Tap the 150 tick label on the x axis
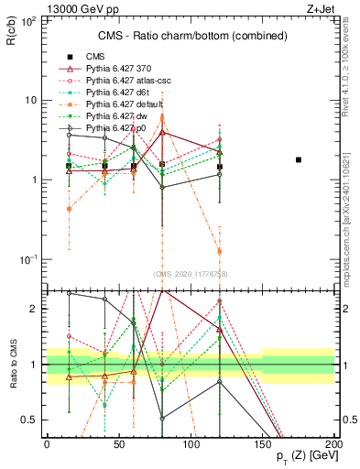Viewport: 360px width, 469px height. tap(263, 445)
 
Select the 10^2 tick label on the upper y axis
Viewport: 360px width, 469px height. tap(27, 20)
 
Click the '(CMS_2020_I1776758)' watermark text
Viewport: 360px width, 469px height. tap(189, 273)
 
